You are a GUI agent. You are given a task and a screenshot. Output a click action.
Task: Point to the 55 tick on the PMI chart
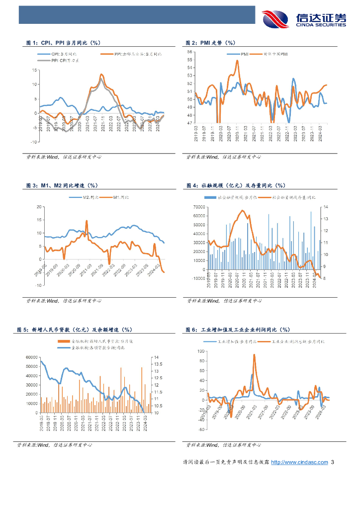click(x=189, y=60)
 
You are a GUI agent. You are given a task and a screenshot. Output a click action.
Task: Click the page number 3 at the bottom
click(x=333, y=462)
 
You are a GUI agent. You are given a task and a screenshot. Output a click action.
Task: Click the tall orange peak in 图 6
click(x=254, y=355)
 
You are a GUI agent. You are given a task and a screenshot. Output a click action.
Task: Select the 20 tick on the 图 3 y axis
click(x=39, y=207)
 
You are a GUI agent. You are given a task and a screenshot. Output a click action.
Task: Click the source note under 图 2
click(x=223, y=157)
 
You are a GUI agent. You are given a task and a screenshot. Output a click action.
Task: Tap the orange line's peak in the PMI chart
click(x=237, y=61)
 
